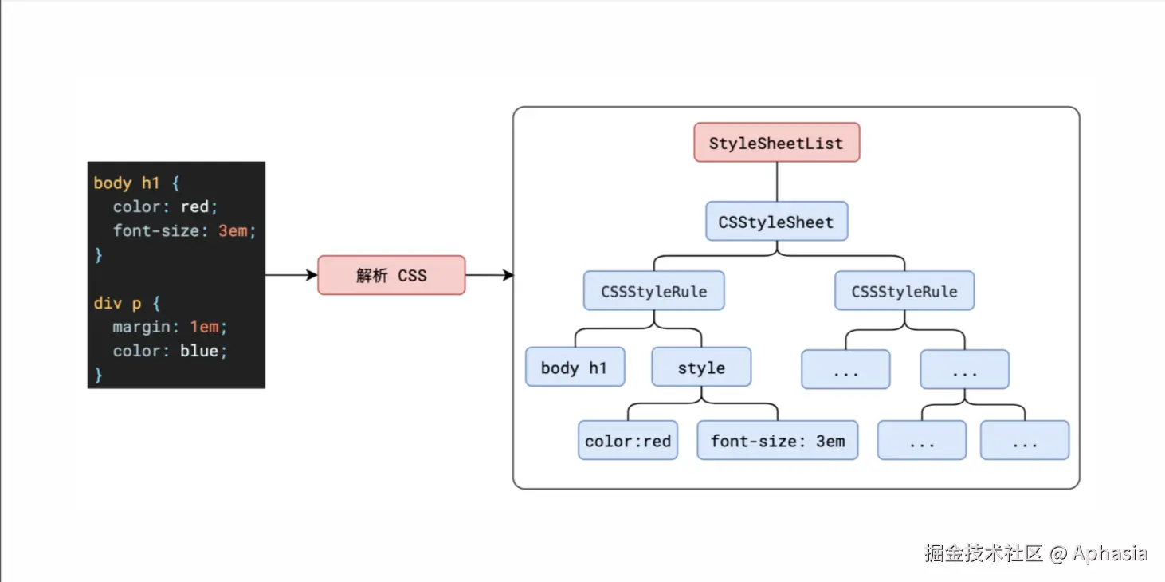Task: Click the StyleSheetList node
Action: coord(776,142)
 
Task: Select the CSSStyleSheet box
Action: coord(776,222)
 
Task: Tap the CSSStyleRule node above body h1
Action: coord(653,290)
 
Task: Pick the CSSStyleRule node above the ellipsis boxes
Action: coord(904,290)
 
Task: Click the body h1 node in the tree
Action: coord(575,367)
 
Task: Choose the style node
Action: coord(701,367)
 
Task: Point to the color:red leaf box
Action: coord(628,440)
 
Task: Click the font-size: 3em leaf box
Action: coord(778,440)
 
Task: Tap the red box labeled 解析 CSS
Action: coord(391,275)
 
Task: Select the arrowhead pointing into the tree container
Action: coord(508,275)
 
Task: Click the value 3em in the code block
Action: coord(233,230)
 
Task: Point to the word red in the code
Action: coord(194,206)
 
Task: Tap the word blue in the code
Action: coord(199,350)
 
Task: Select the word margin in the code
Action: coord(142,327)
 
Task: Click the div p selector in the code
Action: coord(118,303)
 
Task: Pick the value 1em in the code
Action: coord(204,327)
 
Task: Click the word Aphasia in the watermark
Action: coord(1109,553)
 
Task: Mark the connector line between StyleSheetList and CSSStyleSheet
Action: coord(776,182)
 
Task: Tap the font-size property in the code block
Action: coord(156,230)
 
